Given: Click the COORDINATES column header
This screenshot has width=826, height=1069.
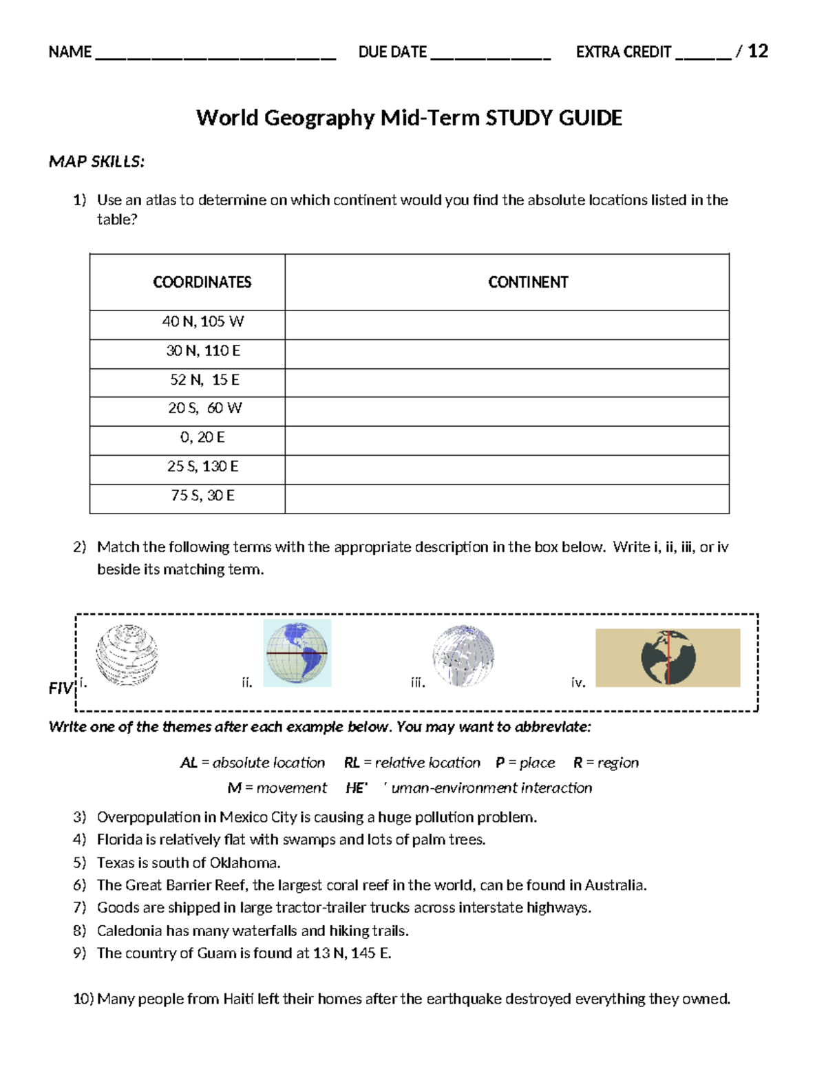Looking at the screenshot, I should click(202, 282).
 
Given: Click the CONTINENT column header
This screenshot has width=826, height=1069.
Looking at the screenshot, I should click(528, 282).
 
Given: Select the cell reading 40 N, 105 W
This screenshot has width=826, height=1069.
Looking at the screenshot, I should click(202, 321).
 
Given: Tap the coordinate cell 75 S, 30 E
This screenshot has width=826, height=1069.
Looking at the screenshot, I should click(202, 496).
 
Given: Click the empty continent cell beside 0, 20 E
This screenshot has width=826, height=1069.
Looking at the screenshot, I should click(507, 441).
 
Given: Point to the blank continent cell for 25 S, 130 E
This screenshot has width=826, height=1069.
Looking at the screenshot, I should click(507, 469).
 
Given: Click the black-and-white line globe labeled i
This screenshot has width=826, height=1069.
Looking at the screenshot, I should click(127, 655).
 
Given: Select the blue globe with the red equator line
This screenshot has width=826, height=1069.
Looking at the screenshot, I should click(297, 653).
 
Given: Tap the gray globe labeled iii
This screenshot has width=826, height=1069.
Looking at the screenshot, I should click(463, 655).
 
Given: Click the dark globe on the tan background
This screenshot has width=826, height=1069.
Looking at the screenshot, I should click(668, 657).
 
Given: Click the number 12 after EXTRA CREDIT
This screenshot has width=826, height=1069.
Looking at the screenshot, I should click(758, 52).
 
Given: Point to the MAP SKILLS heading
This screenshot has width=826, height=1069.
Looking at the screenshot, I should click(96, 162).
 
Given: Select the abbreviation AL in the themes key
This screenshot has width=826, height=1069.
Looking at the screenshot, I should click(189, 763).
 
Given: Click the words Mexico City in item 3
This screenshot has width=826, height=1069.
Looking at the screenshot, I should click(258, 817).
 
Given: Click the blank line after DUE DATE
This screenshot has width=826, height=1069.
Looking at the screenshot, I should click(490, 55).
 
